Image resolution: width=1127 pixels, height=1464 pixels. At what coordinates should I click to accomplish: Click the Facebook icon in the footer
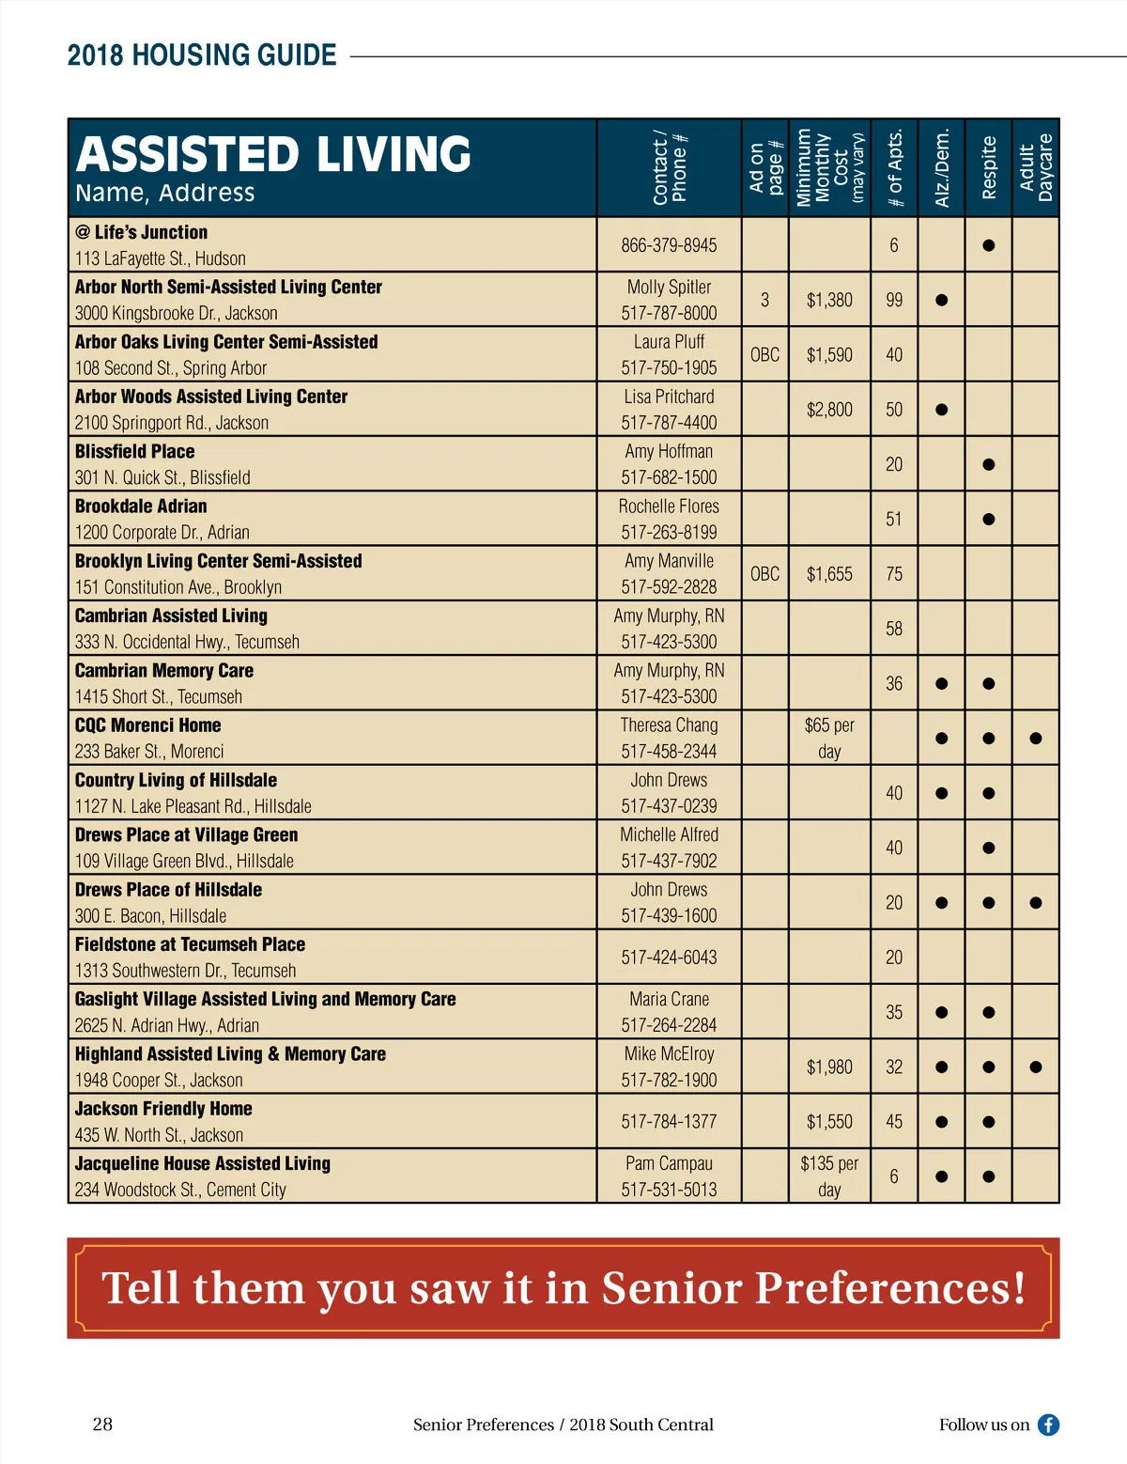pyautogui.click(x=1048, y=1425)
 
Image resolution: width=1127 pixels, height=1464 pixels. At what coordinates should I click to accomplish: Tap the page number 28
pyautogui.click(x=102, y=1424)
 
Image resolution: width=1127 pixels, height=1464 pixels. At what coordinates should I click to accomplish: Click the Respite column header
pyautogui.click(x=988, y=167)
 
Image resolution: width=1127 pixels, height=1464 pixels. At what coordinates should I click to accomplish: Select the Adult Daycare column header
pyautogui.click(x=1036, y=167)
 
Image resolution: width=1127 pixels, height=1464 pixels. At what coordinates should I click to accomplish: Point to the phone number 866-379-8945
pyautogui.click(x=669, y=245)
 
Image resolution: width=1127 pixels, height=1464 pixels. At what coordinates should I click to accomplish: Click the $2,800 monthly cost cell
pyautogui.click(x=829, y=410)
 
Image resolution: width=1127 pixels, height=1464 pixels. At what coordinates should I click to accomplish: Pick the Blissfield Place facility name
pyautogui.click(x=135, y=451)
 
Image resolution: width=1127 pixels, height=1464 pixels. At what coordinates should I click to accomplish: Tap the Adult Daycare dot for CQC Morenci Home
pyautogui.click(x=1036, y=739)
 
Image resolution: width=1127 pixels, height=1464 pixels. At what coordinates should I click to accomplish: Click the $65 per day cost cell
pyautogui.click(x=829, y=738)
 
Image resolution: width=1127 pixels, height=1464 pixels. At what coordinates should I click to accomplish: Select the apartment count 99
pyautogui.click(x=894, y=300)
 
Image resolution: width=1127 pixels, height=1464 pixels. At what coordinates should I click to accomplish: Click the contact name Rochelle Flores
pyautogui.click(x=669, y=506)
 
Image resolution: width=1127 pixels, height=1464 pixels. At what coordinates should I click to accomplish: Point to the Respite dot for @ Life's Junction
pyautogui.click(x=988, y=245)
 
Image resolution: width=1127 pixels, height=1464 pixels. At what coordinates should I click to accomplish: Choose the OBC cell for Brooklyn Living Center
pyautogui.click(x=764, y=573)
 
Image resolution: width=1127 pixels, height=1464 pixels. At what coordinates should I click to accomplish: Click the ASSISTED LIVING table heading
pyautogui.click(x=273, y=155)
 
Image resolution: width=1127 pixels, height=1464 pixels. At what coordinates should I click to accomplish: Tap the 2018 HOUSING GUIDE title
pyautogui.click(x=202, y=55)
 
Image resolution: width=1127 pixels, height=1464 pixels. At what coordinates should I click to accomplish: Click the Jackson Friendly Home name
pyautogui.click(x=163, y=1109)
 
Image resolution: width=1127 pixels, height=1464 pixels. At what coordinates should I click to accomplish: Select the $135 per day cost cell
pyautogui.click(x=829, y=1176)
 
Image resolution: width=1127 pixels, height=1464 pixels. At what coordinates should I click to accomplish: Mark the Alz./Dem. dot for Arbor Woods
pyautogui.click(x=941, y=410)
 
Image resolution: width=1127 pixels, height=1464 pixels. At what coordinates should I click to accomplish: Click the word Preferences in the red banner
pyautogui.click(x=890, y=1288)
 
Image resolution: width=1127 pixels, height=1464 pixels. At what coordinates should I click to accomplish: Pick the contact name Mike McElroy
pyautogui.click(x=669, y=1054)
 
